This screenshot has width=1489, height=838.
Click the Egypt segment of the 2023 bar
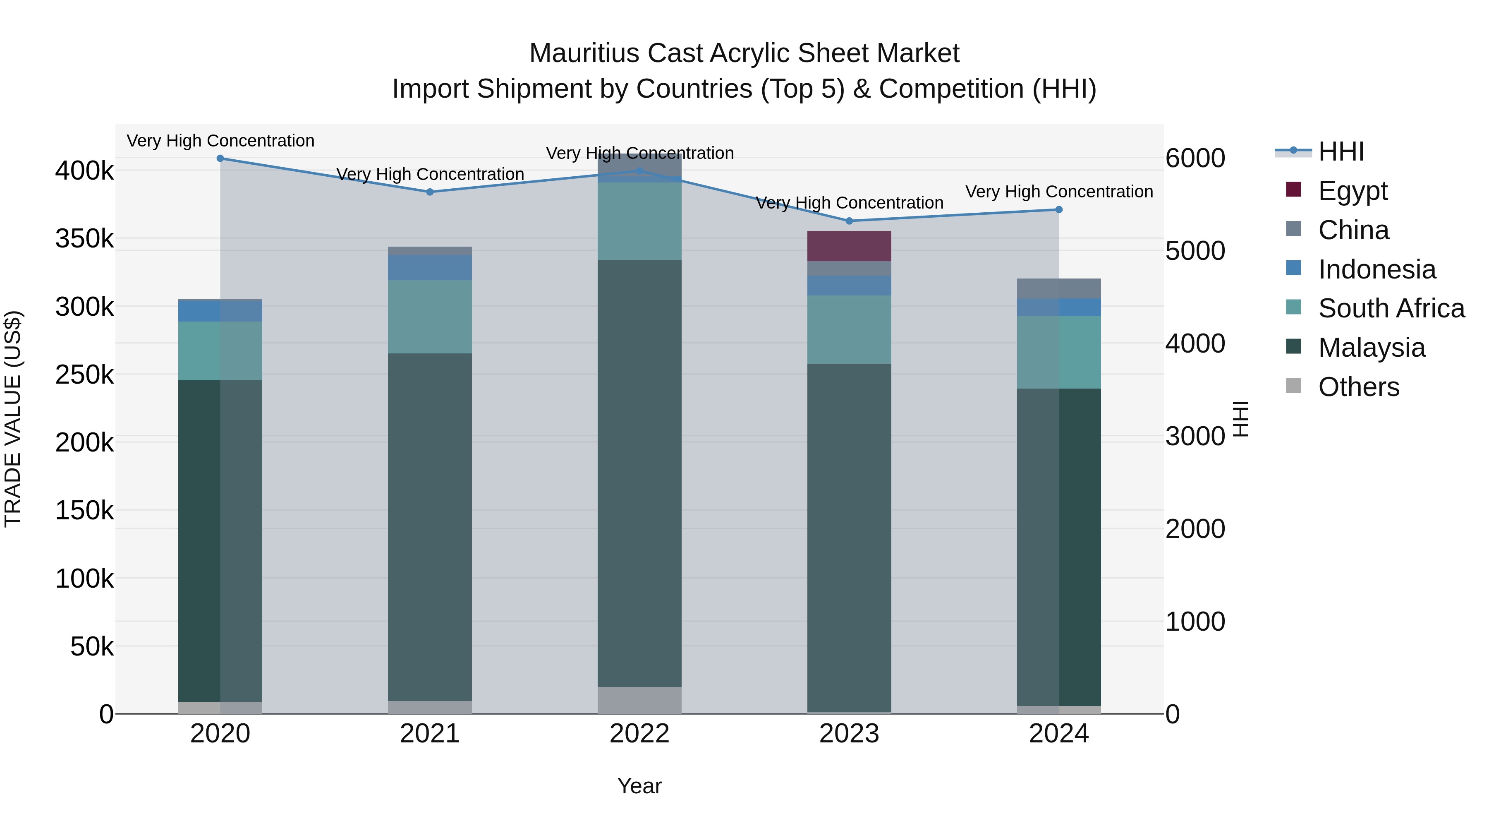click(849, 246)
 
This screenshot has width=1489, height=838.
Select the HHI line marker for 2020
click(220, 158)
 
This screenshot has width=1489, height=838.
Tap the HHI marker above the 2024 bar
click(1058, 209)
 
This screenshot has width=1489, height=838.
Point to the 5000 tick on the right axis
click(1195, 251)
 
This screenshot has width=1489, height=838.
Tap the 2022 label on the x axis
click(639, 734)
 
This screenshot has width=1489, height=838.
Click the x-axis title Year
click(639, 786)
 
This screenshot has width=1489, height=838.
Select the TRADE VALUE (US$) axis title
click(13, 419)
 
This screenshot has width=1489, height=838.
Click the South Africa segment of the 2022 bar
click(639, 221)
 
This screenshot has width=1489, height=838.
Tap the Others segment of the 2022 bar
click(639, 700)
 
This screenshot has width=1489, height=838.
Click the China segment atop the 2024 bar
click(1058, 288)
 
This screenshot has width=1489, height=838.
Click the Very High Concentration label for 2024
click(1058, 192)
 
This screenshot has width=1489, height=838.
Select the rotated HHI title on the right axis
click(1240, 419)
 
